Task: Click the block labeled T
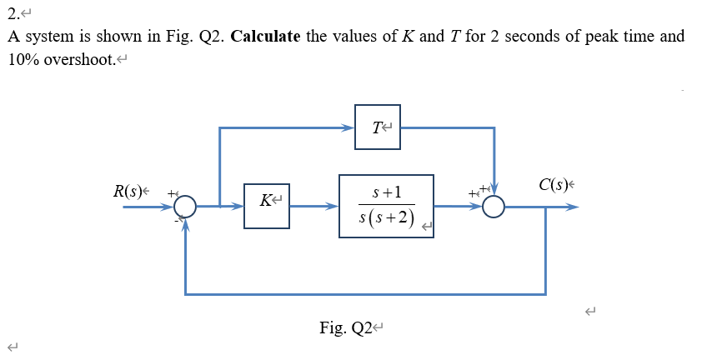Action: [x=377, y=127]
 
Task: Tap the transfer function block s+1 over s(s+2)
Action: [x=386, y=206]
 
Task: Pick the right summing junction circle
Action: [x=494, y=206]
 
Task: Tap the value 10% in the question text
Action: [x=23, y=62]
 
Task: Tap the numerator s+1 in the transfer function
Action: [x=386, y=192]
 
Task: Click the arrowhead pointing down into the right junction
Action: [x=494, y=189]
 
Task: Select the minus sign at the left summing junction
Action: [x=177, y=220]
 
